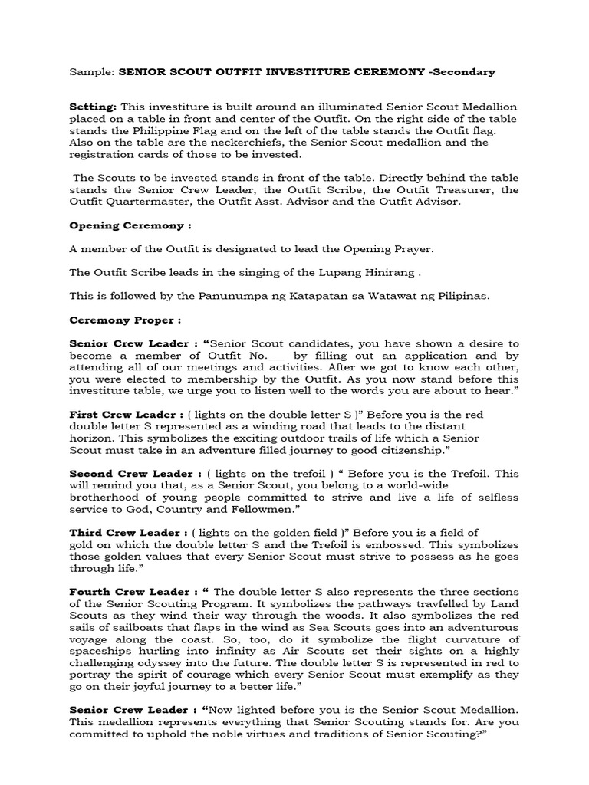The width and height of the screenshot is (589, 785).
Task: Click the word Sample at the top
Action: click(90, 72)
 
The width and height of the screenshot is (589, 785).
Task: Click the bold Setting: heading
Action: click(93, 108)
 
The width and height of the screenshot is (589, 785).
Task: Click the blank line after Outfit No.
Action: click(277, 356)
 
